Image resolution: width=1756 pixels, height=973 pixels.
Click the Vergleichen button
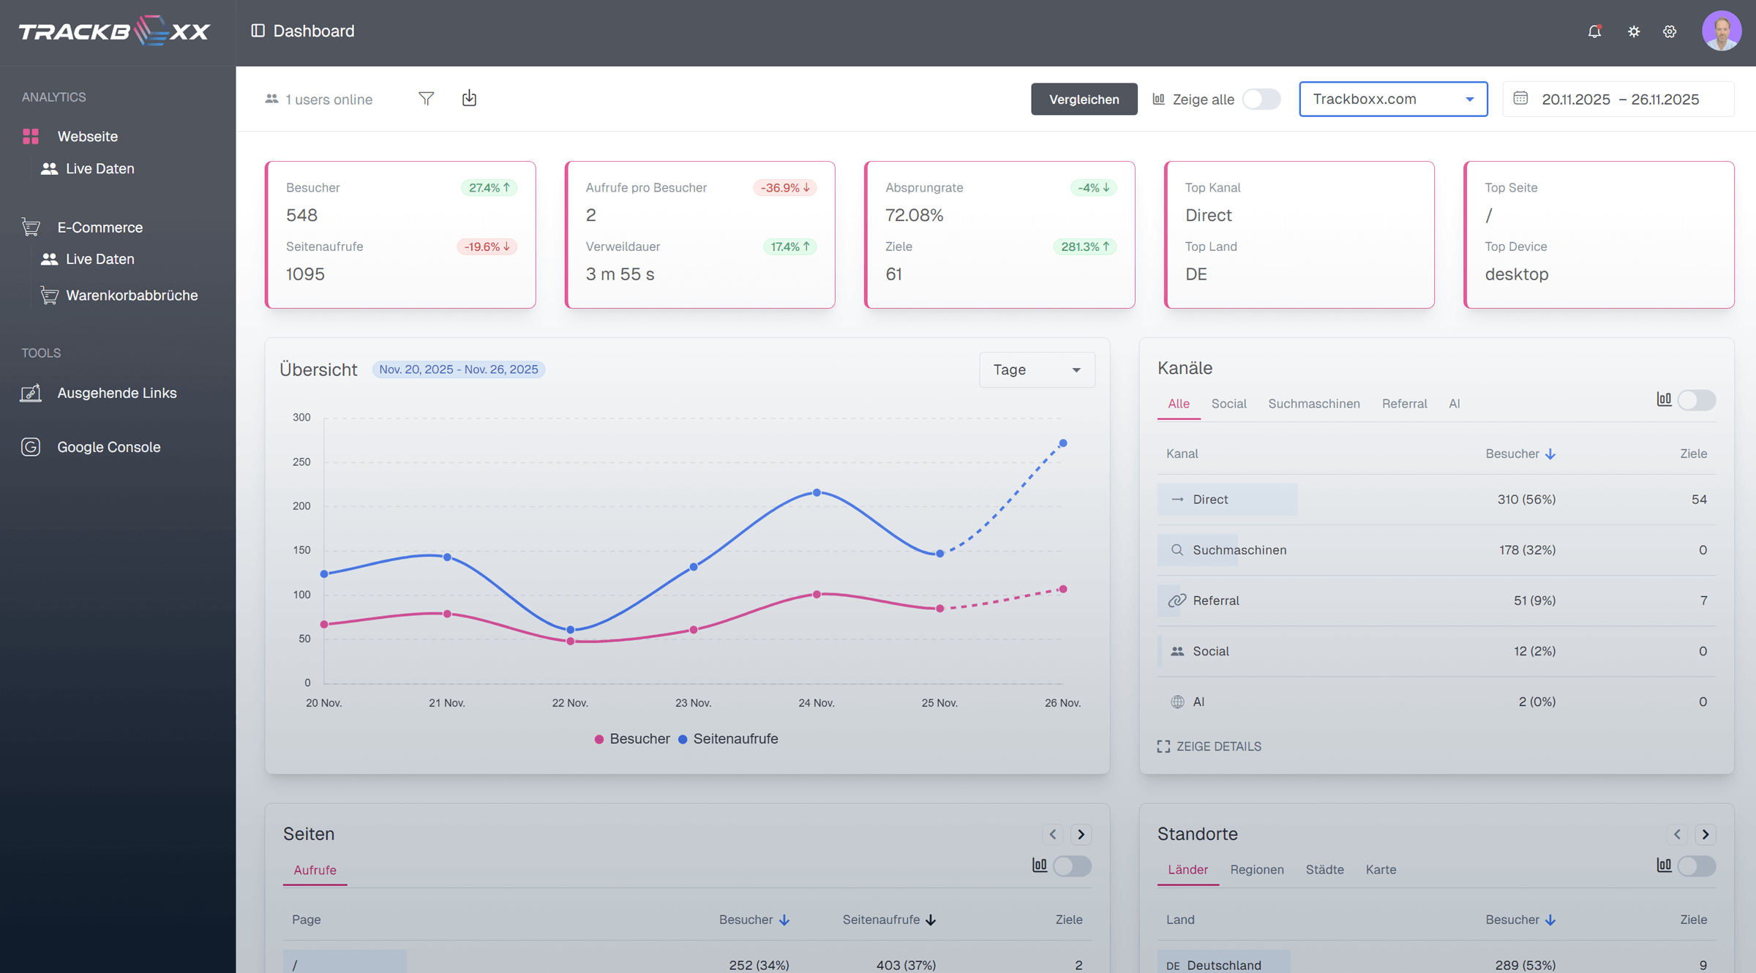click(1084, 99)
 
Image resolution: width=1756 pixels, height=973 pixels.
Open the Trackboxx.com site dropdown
click(1392, 99)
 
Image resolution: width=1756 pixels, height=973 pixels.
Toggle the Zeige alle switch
click(1261, 99)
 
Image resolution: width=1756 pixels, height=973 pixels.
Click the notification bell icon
click(1594, 31)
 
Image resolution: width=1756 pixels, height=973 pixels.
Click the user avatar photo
click(1721, 31)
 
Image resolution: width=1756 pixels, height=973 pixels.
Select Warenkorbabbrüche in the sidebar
click(132, 296)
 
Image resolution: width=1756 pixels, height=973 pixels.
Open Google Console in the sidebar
click(108, 447)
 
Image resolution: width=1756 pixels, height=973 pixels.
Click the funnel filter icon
click(426, 99)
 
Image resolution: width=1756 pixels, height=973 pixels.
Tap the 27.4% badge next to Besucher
click(489, 188)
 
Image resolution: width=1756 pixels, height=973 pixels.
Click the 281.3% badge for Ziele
click(1085, 247)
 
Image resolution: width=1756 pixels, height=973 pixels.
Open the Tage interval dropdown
click(1036, 370)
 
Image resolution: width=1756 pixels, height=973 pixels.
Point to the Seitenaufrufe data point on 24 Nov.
click(817, 493)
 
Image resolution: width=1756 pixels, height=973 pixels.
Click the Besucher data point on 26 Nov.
click(1063, 590)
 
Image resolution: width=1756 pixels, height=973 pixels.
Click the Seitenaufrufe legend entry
click(735, 739)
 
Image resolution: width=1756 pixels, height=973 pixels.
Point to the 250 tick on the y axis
click(301, 462)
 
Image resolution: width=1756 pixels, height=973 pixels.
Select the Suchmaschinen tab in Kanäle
click(1313, 404)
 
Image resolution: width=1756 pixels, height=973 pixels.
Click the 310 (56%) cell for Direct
click(1526, 500)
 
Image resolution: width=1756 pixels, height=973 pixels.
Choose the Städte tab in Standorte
click(1324, 870)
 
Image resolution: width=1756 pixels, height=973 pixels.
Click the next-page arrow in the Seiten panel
click(1081, 835)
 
